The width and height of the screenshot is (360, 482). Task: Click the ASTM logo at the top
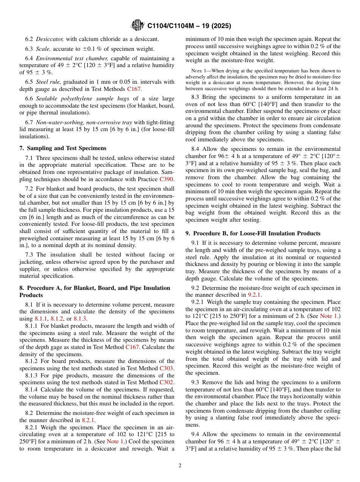coord(138,25)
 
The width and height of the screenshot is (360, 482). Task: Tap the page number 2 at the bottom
coord(180,466)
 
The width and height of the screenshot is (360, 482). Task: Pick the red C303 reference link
coord(167,368)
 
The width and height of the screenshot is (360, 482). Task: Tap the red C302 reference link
coord(167,382)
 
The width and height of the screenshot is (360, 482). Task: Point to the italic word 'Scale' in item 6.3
coord(43,49)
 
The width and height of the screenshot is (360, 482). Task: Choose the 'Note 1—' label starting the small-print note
coord(198,71)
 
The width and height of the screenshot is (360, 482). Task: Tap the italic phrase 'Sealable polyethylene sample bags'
coord(77,99)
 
